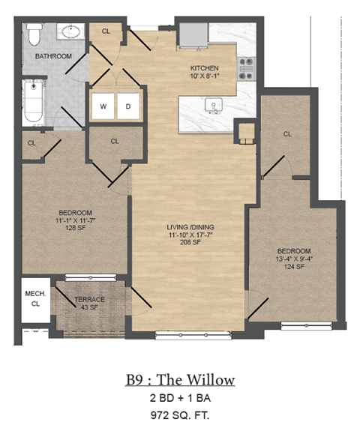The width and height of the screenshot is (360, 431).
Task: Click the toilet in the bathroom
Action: [x=34, y=35]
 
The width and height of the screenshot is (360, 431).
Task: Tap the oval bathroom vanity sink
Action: [x=70, y=33]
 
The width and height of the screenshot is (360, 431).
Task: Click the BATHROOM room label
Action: [x=52, y=56]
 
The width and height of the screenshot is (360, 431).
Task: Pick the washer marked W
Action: [x=103, y=106]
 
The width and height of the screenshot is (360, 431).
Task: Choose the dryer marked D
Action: [x=127, y=106]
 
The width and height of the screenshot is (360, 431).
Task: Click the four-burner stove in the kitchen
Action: [x=247, y=68]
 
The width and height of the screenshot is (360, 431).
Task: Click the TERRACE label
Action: [x=89, y=300]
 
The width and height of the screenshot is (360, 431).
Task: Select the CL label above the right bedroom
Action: [x=287, y=134]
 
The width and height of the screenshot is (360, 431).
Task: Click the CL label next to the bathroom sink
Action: [x=106, y=31]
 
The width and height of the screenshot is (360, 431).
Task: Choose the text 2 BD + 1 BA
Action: [x=180, y=398]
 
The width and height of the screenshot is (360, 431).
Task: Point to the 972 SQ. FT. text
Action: [x=180, y=414]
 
